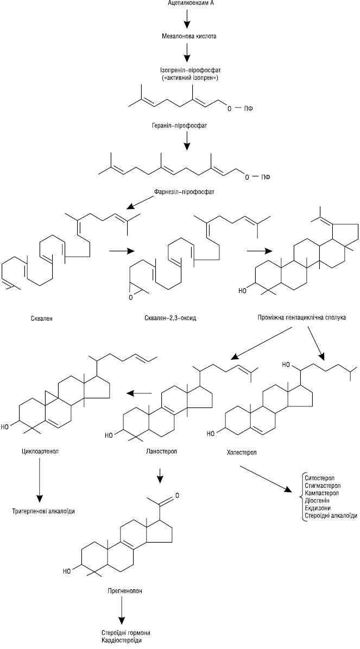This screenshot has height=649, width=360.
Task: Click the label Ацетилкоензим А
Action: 187,4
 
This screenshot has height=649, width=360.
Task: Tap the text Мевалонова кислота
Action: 187,37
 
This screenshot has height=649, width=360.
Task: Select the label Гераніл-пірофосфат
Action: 187,125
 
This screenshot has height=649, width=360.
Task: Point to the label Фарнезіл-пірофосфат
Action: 187,192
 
